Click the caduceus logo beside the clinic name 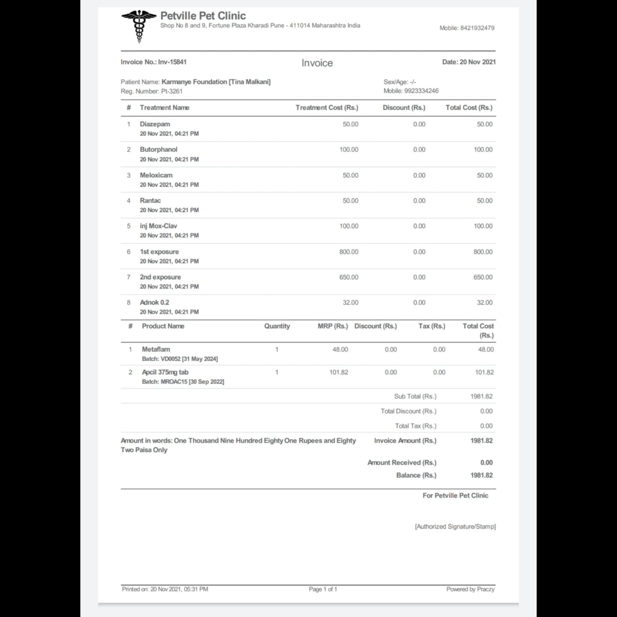click(x=139, y=26)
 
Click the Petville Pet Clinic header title click(x=203, y=16)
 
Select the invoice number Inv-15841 click(x=172, y=62)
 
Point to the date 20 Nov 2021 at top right click(x=477, y=62)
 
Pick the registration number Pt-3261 click(x=172, y=91)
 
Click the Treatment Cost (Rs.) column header click(x=326, y=108)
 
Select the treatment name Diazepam click(x=155, y=124)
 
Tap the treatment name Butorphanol click(x=158, y=150)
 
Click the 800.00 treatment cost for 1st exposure click(x=348, y=252)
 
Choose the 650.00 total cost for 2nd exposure click(x=482, y=277)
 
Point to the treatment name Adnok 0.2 click(x=154, y=303)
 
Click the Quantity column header click(x=277, y=326)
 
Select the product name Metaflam click(x=156, y=350)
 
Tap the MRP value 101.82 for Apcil click(x=338, y=372)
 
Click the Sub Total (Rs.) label click(x=415, y=396)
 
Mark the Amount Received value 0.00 click(x=486, y=463)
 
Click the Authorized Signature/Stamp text click(x=455, y=527)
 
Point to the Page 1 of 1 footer click(x=323, y=589)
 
